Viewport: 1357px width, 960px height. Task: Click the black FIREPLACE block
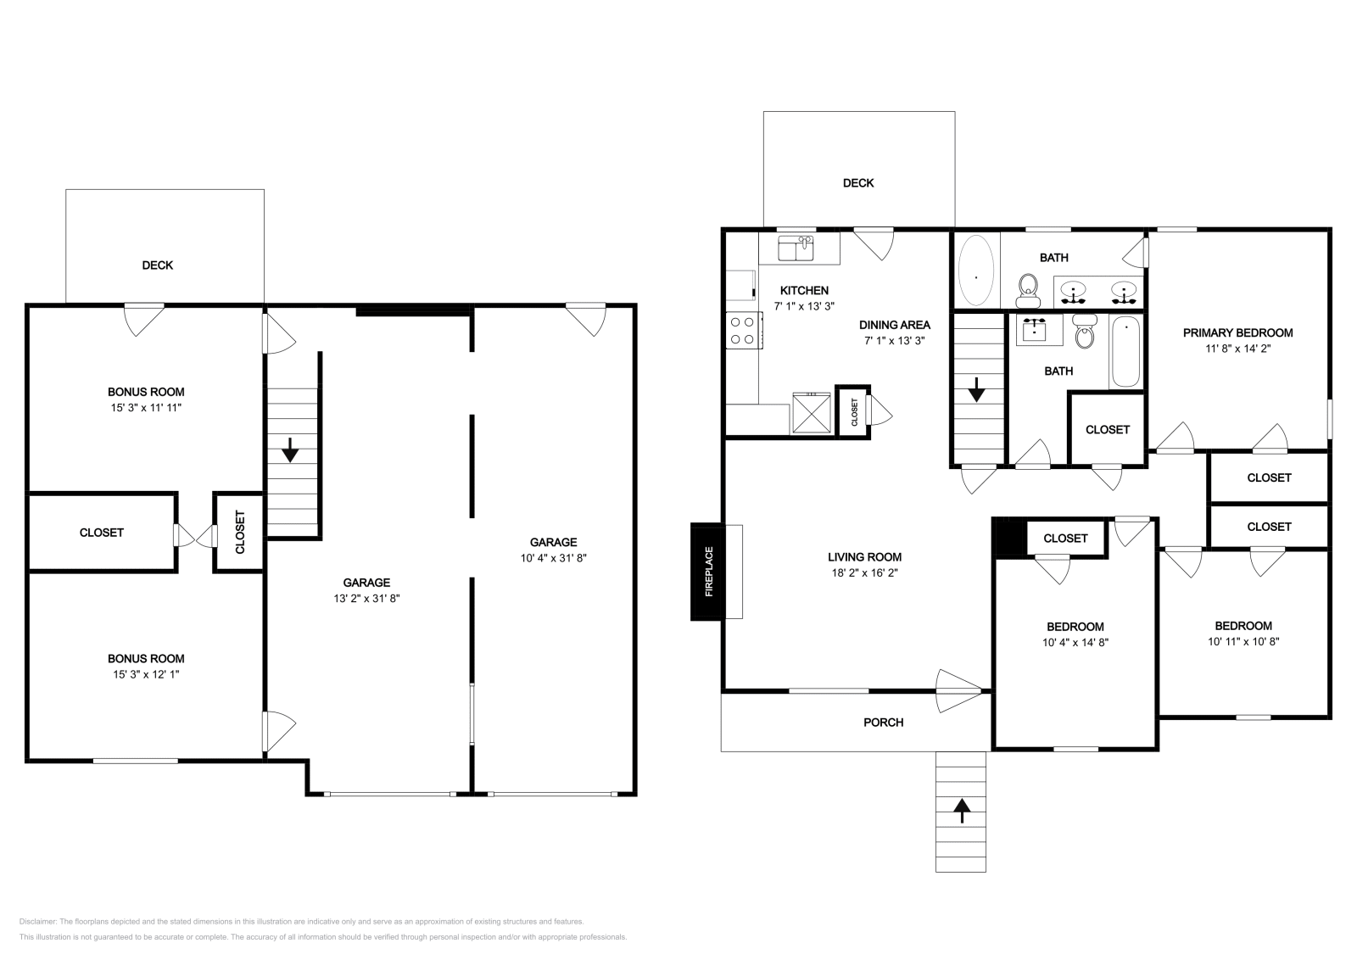pos(707,572)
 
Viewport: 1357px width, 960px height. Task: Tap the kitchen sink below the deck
pos(796,248)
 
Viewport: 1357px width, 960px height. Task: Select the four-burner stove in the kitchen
pos(744,331)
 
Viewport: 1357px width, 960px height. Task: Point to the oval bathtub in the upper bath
pos(976,271)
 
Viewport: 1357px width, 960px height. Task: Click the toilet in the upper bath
pos(1028,291)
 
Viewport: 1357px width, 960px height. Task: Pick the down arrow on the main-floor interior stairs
pos(976,390)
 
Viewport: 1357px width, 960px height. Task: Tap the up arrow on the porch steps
pos(962,811)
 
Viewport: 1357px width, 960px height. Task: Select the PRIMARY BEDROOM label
pos(1237,332)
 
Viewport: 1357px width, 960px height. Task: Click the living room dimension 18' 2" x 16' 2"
pos(864,572)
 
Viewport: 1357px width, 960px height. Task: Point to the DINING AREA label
pos(894,325)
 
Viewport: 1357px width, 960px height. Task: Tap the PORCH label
pos(883,722)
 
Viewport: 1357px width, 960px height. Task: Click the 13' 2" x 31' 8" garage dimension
pos(366,598)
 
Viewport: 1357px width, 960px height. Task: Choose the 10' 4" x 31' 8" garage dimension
pos(553,558)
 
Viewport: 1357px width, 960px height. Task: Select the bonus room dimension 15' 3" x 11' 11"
pos(146,408)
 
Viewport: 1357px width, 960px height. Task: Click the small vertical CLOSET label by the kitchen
pos(854,412)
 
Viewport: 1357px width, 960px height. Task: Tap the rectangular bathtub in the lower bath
pos(1125,351)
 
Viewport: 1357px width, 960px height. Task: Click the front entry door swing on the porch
pos(958,690)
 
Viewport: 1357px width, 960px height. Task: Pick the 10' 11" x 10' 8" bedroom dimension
pos(1243,641)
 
